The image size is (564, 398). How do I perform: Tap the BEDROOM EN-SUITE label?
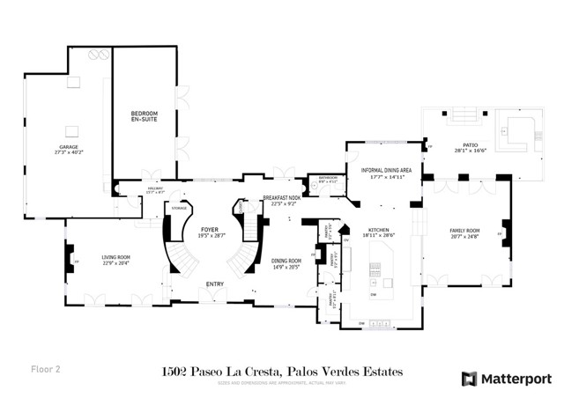point(145,114)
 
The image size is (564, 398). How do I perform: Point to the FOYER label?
point(208,230)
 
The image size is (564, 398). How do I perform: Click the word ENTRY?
point(214,284)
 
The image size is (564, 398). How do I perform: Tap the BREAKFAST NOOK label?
point(281,198)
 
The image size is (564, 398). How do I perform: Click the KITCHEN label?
point(379,228)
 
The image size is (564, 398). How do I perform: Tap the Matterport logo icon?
point(469,379)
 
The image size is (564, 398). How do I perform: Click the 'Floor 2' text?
point(47,369)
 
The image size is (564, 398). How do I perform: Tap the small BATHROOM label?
point(329,178)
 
